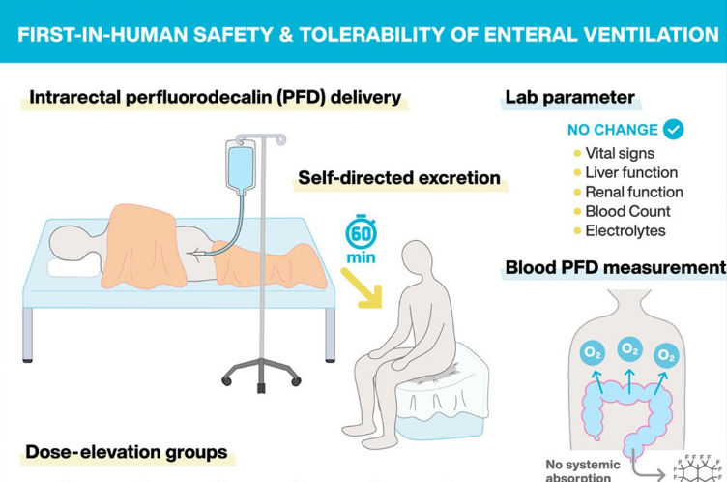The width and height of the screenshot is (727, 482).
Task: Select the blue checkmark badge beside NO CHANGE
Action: (674, 129)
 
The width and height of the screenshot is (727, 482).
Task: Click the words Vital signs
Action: (620, 153)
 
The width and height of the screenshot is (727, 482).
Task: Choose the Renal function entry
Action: (634, 192)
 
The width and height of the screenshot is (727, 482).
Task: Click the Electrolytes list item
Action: (625, 231)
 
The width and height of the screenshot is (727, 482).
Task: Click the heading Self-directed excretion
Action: (399, 178)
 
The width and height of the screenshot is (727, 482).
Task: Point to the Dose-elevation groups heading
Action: (126, 452)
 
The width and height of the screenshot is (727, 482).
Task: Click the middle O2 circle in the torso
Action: (629, 349)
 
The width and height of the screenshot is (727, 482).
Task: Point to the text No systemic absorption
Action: (579, 469)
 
